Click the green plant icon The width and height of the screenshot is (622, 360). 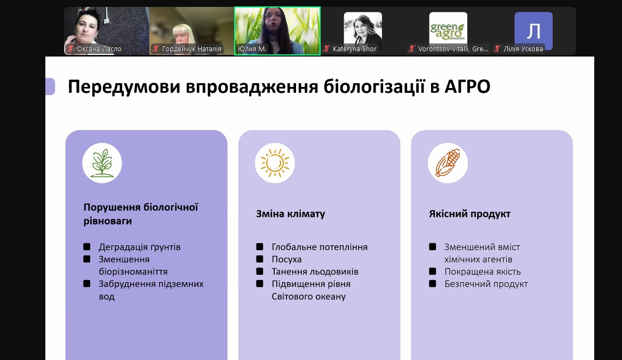102,163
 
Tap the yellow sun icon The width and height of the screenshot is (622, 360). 275,163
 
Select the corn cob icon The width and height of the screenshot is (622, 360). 448,163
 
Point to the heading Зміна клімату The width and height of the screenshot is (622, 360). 290,214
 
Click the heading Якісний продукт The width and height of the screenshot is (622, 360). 469,214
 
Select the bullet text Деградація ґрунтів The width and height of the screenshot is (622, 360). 140,247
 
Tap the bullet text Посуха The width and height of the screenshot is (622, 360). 286,259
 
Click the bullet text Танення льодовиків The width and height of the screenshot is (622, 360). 315,271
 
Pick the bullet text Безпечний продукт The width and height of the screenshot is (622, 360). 486,284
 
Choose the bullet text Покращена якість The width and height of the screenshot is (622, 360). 482,271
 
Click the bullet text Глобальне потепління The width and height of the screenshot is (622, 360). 320,247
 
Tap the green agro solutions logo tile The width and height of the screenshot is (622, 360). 448,30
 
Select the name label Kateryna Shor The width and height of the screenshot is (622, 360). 354,49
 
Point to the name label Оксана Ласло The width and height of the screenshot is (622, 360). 99,49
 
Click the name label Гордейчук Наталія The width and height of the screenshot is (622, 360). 192,49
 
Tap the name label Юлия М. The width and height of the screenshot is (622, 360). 252,49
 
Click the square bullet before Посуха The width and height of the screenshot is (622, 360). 260,259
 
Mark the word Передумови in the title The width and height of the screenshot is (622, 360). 124,86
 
